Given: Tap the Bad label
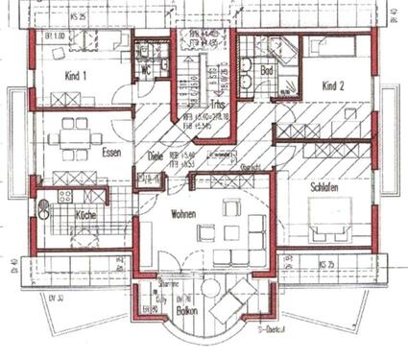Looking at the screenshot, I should [268, 72].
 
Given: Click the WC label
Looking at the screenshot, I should [143, 71].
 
